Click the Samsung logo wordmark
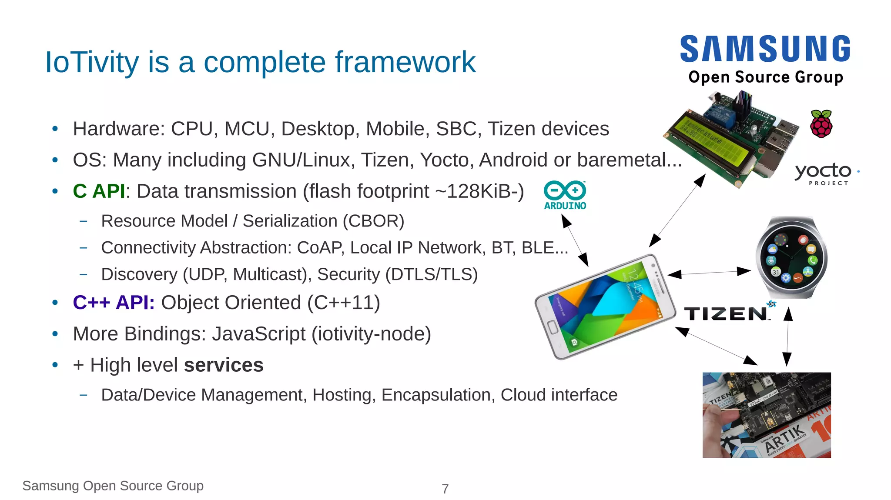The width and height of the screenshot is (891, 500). click(x=765, y=49)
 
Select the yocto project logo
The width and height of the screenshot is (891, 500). click(x=823, y=173)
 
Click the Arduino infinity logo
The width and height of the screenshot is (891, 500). click(x=565, y=191)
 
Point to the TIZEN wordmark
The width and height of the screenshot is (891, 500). click(x=726, y=313)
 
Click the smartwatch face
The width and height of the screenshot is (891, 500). click(x=791, y=257)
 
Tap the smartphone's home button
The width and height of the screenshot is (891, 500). click(x=553, y=327)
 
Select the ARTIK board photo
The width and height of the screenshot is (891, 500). click(x=767, y=415)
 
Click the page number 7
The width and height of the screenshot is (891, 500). click(x=445, y=489)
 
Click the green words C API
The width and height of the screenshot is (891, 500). click(x=99, y=191)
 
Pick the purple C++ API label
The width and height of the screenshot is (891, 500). click(x=114, y=303)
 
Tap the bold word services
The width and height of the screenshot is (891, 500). click(x=224, y=365)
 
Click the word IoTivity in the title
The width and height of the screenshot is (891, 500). click(x=92, y=62)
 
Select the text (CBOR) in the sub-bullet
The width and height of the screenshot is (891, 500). click(x=373, y=221)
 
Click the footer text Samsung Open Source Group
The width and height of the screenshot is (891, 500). click(x=113, y=486)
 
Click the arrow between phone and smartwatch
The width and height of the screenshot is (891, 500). click(x=709, y=273)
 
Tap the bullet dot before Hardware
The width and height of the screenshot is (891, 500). click(x=55, y=129)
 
